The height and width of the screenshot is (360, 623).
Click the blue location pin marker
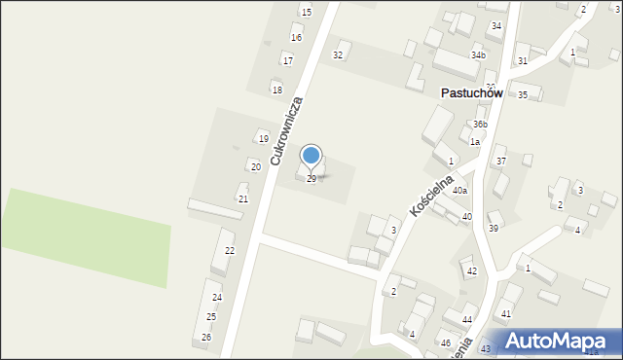311,156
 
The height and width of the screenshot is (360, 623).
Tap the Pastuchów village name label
471,93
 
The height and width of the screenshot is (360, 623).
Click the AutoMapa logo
559,341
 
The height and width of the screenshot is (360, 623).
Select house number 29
311,179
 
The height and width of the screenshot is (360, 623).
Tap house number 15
307,12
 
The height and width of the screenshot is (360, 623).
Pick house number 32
338,54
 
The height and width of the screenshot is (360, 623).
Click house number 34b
478,55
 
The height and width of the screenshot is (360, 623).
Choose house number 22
230,251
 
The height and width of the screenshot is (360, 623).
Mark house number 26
206,337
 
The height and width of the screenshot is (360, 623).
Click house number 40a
459,191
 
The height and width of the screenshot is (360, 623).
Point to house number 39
494,228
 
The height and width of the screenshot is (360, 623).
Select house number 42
471,270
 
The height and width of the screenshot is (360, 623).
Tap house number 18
276,90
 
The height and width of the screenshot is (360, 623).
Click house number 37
500,161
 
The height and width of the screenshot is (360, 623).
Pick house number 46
445,343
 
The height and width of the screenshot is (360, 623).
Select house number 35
523,94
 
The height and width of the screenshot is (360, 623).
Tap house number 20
255,166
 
